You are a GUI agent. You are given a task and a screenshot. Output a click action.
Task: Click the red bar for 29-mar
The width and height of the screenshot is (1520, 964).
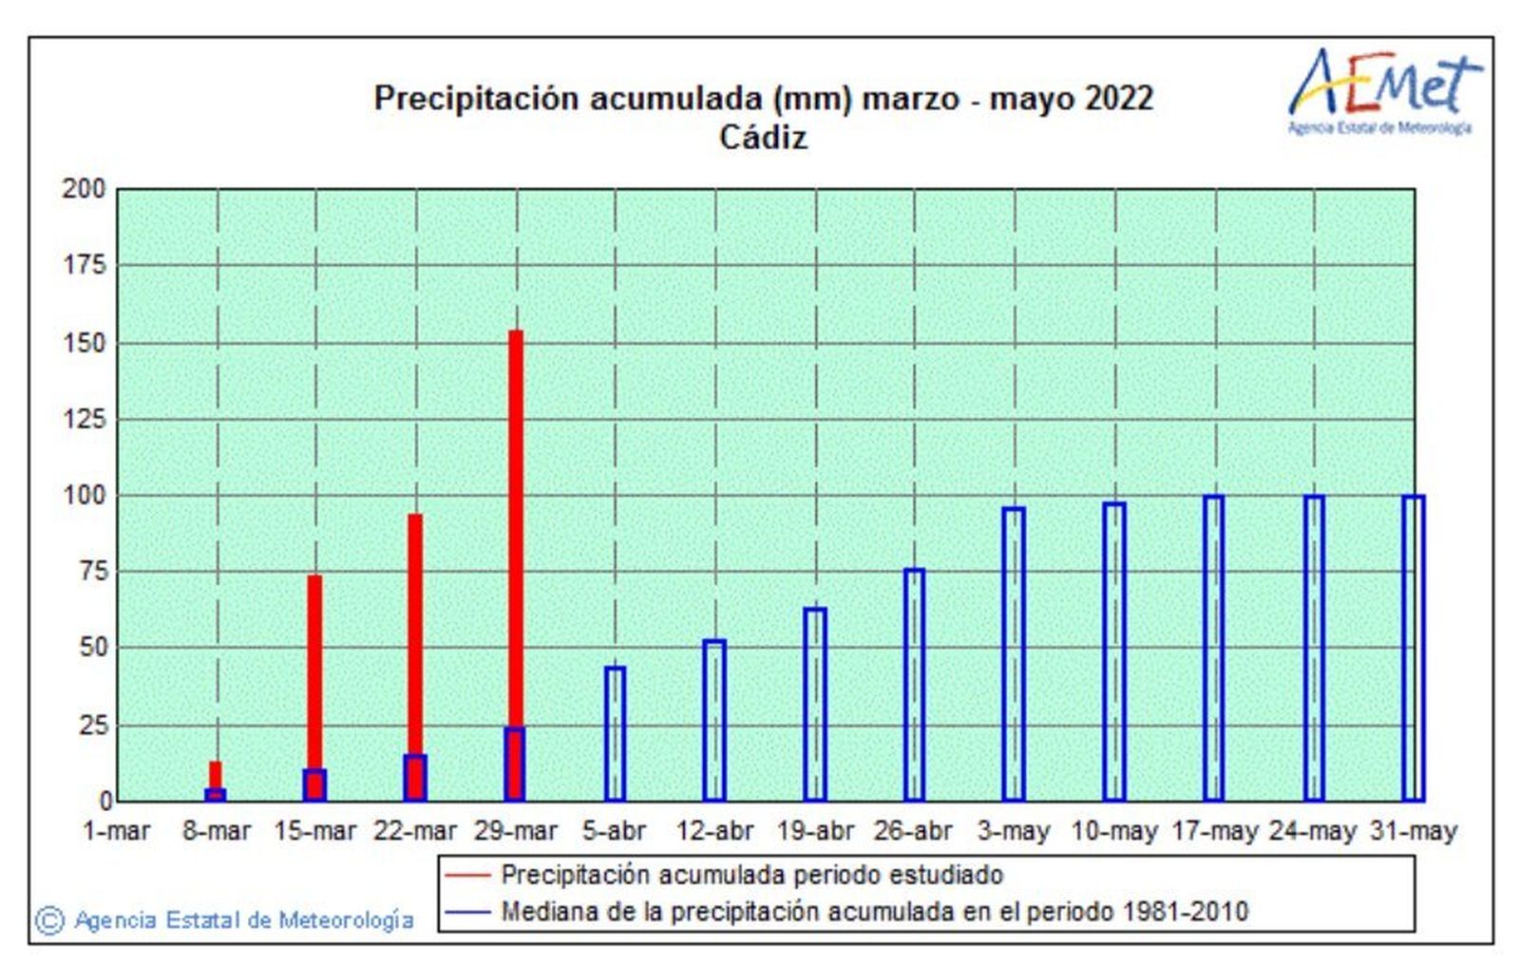[x=515, y=532]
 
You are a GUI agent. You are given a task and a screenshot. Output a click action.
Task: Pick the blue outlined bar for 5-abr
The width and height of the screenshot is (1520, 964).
[x=615, y=734]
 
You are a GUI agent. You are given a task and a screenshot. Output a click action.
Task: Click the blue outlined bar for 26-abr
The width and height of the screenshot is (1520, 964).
[x=914, y=685]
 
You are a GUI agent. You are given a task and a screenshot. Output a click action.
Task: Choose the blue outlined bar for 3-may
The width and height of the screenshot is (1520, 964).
[x=1014, y=654]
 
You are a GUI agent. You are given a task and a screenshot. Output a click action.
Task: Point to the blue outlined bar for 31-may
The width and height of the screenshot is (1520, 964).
[x=1413, y=648]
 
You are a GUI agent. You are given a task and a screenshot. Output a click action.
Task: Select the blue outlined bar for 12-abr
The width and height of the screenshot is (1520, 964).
[x=714, y=721]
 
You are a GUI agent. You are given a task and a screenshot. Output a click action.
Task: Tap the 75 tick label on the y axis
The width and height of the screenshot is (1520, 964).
[x=91, y=572]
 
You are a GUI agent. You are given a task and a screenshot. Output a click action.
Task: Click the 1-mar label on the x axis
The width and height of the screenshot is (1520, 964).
[x=117, y=832]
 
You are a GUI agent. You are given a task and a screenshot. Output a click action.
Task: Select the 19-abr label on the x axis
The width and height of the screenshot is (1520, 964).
[x=814, y=832]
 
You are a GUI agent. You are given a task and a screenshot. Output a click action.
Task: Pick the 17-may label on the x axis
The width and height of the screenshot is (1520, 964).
[x=1214, y=832]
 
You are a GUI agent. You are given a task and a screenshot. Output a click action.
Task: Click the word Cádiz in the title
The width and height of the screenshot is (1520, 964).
[x=763, y=138]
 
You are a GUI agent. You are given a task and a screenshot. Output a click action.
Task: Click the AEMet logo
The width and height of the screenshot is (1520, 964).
[x=1382, y=90]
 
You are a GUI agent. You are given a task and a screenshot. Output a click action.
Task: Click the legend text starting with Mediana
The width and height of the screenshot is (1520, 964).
[x=874, y=912]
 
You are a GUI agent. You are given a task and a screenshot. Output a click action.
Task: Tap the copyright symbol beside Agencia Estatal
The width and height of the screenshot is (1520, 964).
[x=49, y=920]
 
